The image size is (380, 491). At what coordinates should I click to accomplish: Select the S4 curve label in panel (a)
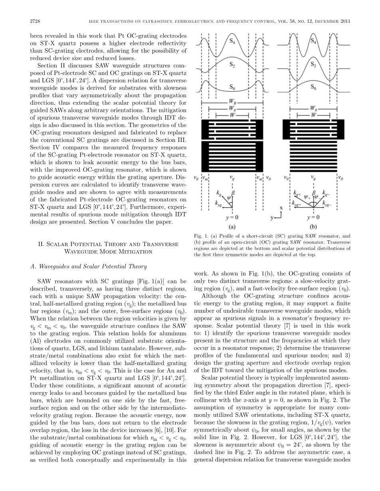(232, 40)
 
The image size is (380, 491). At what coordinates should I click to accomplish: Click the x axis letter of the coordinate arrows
(281, 208)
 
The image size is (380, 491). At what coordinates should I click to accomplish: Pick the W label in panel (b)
(314, 115)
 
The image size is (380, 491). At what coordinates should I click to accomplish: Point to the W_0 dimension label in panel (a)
(232, 108)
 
